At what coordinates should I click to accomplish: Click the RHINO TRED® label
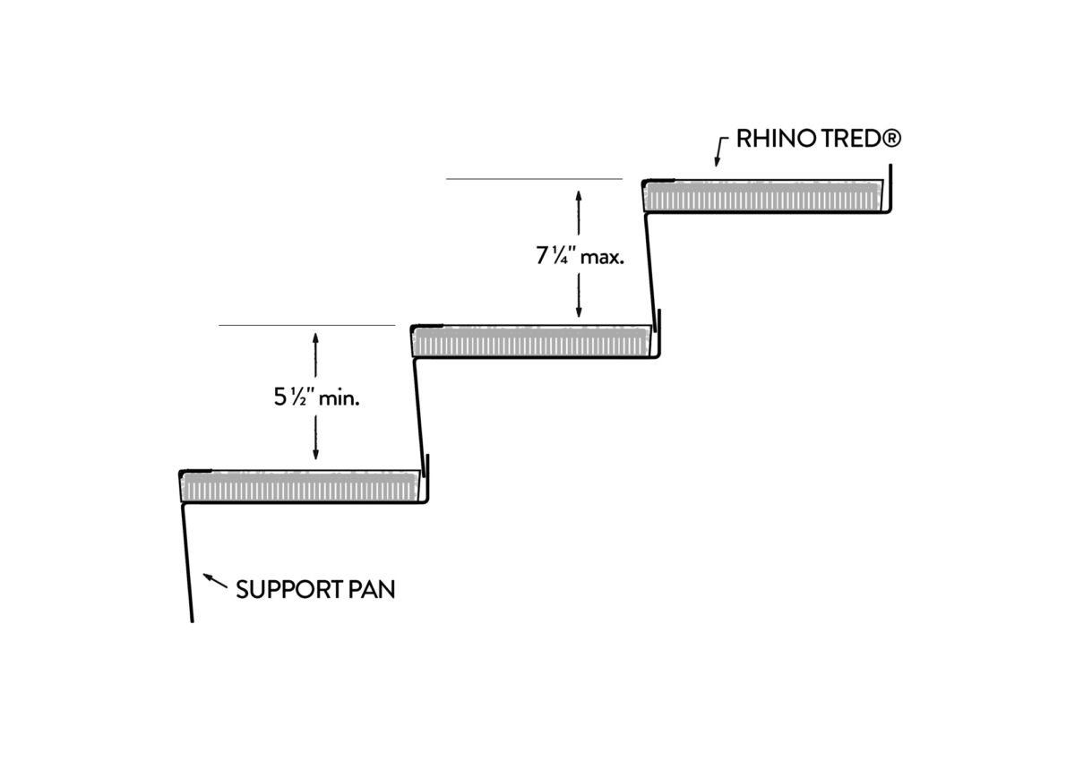pos(818,140)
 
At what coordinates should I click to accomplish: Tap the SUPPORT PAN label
pos(315,590)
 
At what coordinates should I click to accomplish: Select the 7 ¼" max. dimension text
pos(579,256)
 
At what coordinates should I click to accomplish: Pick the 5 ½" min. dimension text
pos(316,399)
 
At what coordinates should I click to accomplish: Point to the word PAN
pos(370,590)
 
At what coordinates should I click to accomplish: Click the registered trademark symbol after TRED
pos(891,140)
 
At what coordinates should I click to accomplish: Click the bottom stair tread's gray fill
pos(300,488)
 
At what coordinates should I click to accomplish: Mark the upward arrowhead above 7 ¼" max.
pos(579,195)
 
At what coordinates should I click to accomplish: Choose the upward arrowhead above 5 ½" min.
pos(315,339)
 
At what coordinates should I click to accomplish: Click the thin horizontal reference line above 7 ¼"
pos(534,179)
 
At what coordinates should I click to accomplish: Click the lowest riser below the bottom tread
pos(187,564)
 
